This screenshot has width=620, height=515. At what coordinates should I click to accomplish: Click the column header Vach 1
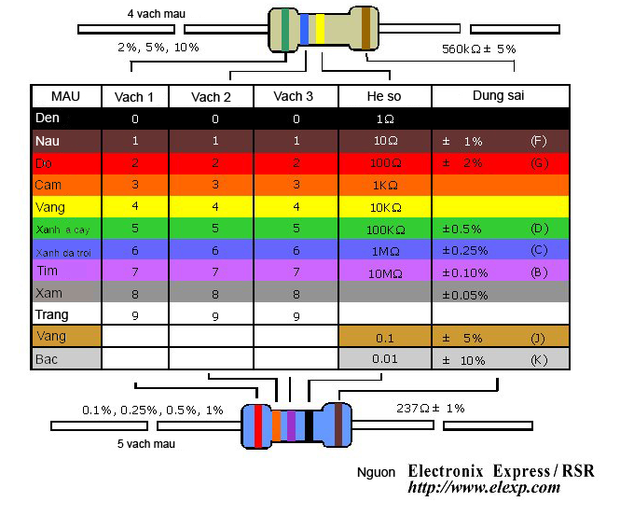[134, 97]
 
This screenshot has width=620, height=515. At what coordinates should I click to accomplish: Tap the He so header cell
[384, 97]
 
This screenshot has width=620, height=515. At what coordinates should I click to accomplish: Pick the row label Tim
[47, 271]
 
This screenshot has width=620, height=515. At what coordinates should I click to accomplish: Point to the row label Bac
[47, 358]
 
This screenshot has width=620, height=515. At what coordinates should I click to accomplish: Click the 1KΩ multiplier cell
[384, 185]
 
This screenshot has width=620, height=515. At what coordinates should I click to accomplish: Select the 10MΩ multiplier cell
[384, 272]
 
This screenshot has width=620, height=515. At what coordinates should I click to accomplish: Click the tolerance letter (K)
[537, 359]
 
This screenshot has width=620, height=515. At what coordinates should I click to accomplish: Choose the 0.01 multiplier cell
[384, 359]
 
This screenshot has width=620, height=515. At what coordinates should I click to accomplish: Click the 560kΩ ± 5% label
[478, 48]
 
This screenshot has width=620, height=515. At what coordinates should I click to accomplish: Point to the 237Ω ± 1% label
[430, 408]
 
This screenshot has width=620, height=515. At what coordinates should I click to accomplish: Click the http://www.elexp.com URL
[484, 487]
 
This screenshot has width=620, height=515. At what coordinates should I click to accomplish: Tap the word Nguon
[377, 472]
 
